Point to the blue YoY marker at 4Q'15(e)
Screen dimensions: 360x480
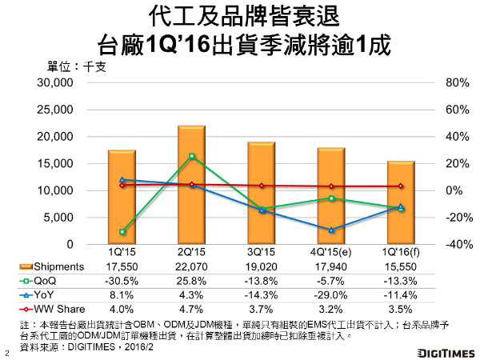331,230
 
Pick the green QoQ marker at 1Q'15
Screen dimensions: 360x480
122,232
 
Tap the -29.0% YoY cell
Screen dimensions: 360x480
331,294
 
